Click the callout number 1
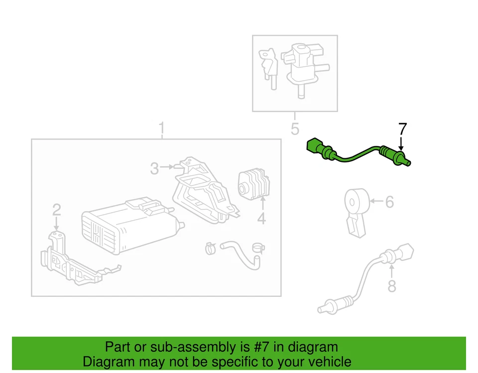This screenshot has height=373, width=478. pyautogui.click(x=161, y=129)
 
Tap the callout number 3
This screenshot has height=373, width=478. pyautogui.click(x=155, y=169)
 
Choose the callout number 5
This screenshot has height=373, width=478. pyautogui.click(x=295, y=129)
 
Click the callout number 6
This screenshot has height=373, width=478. pyautogui.click(x=389, y=202)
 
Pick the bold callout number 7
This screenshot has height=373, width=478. pyautogui.click(x=402, y=129)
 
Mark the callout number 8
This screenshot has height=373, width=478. pyautogui.click(x=392, y=287)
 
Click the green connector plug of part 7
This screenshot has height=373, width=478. pyautogui.click(x=315, y=146)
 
